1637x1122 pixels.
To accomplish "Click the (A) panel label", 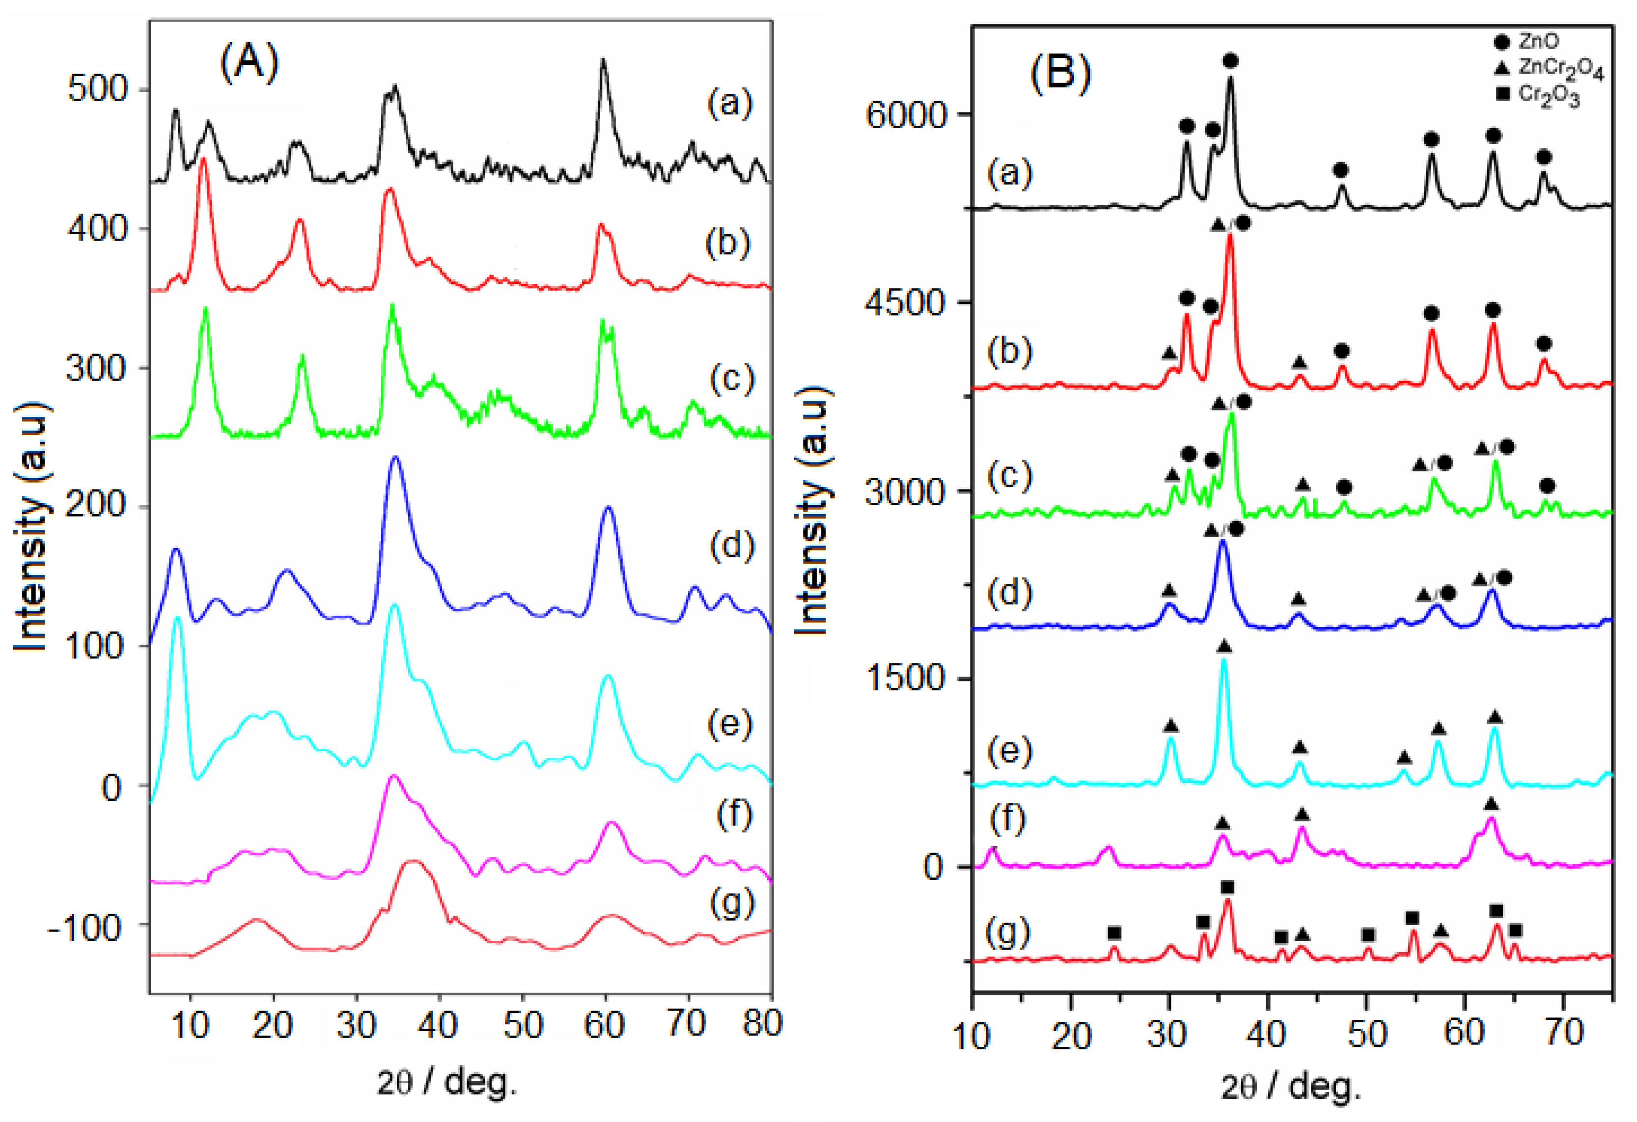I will tap(250, 63).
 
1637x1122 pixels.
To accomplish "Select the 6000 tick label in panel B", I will tap(905, 115).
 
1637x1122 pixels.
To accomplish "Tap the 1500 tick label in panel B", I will tap(905, 678).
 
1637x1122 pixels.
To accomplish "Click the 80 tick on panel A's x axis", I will tap(762, 1023).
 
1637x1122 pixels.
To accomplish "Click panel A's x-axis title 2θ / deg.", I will tap(446, 1082).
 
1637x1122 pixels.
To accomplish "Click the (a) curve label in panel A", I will tap(730, 104).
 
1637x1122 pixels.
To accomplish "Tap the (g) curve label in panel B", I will tap(1009, 932).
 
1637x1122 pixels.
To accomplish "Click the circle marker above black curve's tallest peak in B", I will tap(1230, 61).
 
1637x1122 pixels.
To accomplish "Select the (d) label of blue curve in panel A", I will tap(732, 545).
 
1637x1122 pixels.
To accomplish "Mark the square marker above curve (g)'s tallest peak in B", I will tap(1228, 887).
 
